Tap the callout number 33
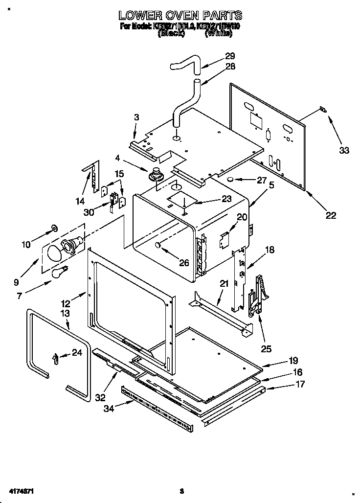tap(344, 151)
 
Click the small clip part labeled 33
tap(322, 109)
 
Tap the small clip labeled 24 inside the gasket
tap(55, 359)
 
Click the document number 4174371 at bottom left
tap(20, 490)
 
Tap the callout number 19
tap(293, 361)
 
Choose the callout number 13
tap(65, 313)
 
